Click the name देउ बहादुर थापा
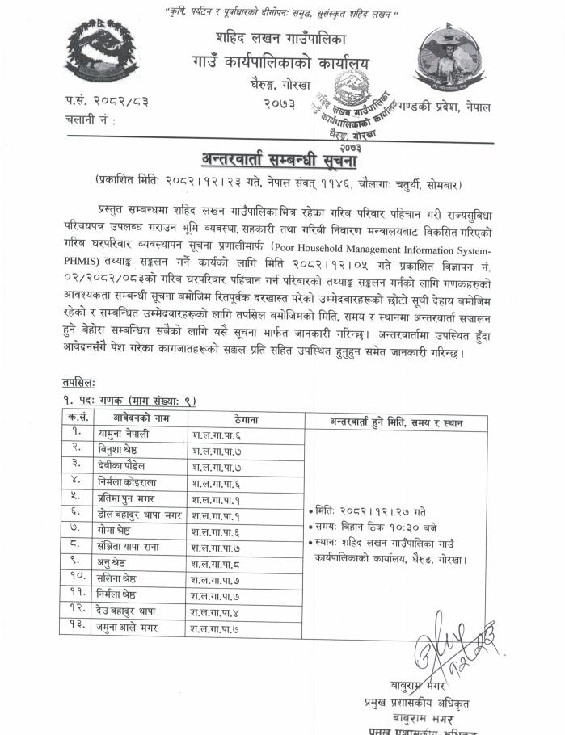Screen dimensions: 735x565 126,611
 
